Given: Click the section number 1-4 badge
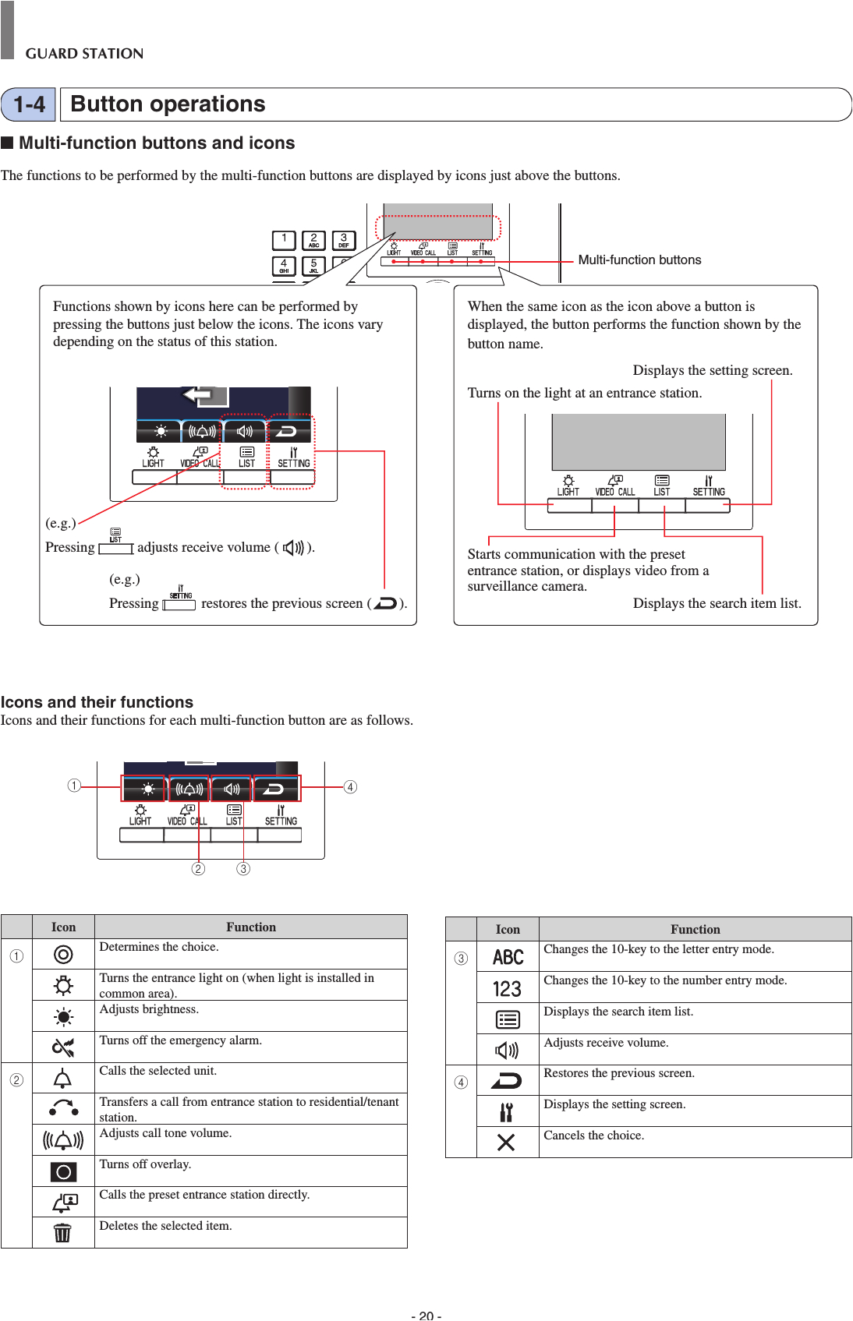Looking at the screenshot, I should (29, 104).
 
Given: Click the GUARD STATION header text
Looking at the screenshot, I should (84, 54).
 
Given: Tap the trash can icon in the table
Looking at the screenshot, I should (62, 1232).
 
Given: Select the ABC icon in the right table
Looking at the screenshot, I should (508, 957).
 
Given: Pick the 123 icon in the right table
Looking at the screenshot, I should (507, 988).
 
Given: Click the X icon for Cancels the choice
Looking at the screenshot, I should (506, 1143).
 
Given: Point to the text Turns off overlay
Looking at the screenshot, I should (145, 1164).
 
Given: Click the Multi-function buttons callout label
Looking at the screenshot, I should (639, 260).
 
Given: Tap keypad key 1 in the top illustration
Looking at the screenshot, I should (284, 239).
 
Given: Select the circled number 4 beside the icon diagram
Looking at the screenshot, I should (350, 787).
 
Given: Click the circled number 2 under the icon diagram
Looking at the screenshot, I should (198, 869).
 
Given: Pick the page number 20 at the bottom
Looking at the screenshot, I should (426, 1316).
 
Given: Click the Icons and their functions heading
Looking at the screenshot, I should (97, 702).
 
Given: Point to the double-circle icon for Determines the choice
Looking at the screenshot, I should (63, 954).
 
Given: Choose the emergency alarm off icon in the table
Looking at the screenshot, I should (63, 1047).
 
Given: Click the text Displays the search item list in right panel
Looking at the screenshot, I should (717, 603).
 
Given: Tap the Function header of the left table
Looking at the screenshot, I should (250, 927).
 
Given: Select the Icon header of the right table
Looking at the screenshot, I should (507, 929).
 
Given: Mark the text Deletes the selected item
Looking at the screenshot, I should (165, 1226).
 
